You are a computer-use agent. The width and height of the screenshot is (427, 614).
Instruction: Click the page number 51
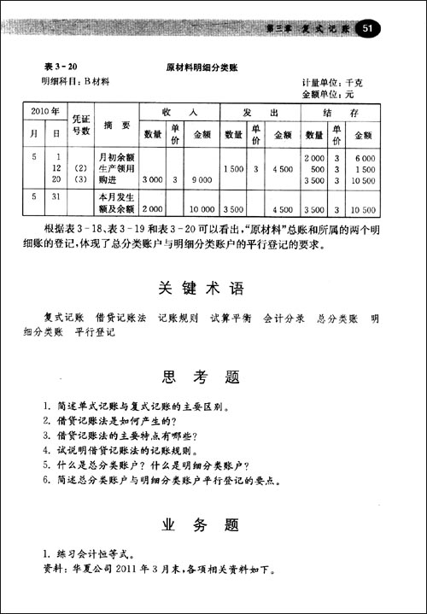(x=369, y=29)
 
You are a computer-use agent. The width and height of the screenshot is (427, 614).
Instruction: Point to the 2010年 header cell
(x=44, y=112)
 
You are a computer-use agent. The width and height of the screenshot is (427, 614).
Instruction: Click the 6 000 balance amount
(x=363, y=158)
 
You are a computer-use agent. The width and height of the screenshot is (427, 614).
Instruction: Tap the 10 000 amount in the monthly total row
(x=202, y=209)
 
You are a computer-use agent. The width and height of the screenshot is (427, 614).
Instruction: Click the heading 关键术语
(x=201, y=286)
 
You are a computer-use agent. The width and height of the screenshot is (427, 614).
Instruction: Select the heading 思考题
(x=201, y=377)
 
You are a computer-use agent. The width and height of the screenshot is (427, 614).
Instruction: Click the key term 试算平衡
(x=231, y=319)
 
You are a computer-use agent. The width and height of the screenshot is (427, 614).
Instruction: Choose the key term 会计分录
(x=284, y=319)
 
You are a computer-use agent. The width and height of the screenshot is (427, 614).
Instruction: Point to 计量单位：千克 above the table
(x=332, y=83)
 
